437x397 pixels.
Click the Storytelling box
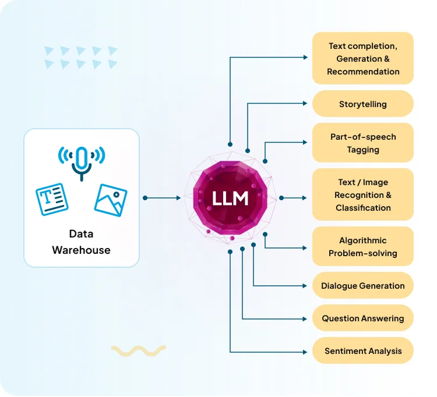363,104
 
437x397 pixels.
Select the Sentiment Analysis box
363,351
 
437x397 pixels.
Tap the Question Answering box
363,318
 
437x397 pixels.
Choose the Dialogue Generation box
363,286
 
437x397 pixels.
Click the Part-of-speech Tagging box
363,143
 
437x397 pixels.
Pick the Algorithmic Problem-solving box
363,246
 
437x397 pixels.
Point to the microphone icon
82,159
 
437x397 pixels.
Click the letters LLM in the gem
230,198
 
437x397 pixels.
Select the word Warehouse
81,250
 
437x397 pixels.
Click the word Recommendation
363,72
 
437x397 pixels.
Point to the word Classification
363,208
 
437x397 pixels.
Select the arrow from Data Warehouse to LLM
163,198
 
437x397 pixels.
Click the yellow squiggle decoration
138,350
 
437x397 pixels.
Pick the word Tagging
363,150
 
